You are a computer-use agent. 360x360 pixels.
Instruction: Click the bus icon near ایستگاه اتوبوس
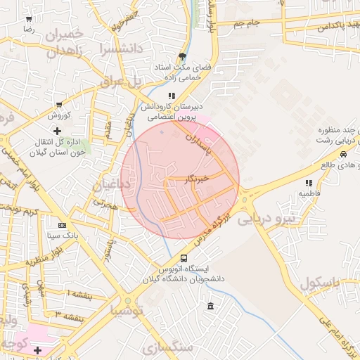click(x=184, y=259)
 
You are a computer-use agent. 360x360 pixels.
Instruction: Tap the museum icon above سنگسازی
click(x=212, y=306)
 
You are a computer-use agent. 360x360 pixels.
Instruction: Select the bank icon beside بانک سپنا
click(x=62, y=225)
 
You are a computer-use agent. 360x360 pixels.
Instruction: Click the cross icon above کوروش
click(x=58, y=131)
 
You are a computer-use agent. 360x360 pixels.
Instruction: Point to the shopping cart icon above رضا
click(x=29, y=20)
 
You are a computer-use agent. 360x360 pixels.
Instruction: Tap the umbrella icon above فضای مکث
click(x=183, y=56)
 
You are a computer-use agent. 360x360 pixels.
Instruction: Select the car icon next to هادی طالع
click(x=342, y=155)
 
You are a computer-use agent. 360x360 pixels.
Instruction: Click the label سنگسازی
click(x=167, y=347)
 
